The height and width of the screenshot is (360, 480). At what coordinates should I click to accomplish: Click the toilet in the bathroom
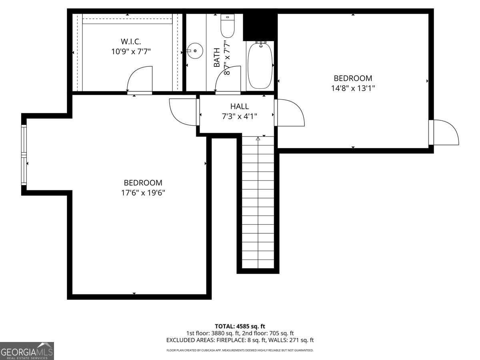coord(228,26)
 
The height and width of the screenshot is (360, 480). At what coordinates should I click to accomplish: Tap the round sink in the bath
coord(195,51)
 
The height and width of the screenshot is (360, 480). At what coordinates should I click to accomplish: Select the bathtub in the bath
coord(260,66)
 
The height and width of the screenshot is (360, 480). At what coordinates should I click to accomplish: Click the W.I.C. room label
coord(131,41)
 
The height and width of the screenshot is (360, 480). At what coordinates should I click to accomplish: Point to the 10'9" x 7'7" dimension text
coord(131,52)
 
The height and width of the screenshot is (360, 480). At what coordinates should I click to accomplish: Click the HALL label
coord(240,106)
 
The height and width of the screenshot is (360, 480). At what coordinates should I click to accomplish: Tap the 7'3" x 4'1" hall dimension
coord(240,116)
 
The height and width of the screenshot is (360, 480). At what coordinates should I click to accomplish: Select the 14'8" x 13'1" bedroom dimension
coord(353,88)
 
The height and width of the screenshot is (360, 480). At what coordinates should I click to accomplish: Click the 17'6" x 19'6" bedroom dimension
coord(143,193)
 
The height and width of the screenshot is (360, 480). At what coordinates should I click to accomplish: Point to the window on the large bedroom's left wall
coord(24,155)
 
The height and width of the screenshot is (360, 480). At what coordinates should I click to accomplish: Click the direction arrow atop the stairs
coord(258,138)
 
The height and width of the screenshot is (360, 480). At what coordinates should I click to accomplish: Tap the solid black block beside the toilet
coord(260,27)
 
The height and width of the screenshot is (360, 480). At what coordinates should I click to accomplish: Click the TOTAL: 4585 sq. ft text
coord(240,326)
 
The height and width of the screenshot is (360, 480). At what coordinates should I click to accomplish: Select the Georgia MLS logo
coord(27,351)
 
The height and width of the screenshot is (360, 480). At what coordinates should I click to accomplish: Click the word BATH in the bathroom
coord(216,58)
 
